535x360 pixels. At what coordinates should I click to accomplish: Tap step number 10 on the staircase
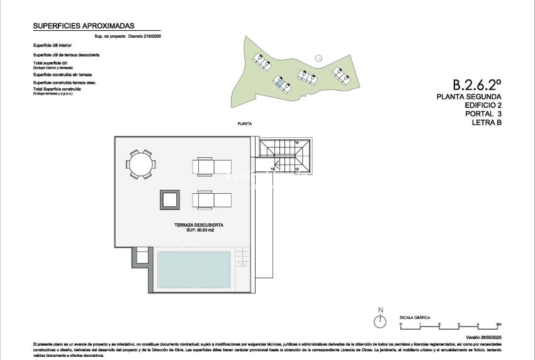pyautogui.click(x=296, y=143)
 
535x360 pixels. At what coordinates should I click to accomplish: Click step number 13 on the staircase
pyautogui.click(x=296, y=169)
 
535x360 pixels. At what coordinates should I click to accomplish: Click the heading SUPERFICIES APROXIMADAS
pyautogui.click(x=83, y=26)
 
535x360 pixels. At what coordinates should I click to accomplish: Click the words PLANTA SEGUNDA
pyautogui.click(x=469, y=97)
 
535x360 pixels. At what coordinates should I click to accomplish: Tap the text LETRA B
pyautogui.click(x=486, y=123)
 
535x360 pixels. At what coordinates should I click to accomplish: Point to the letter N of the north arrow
pyautogui.click(x=380, y=310)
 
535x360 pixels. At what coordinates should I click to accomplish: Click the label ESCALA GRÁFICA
pyautogui.click(x=415, y=317)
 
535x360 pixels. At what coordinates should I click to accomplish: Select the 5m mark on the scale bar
pyautogui.click(x=498, y=325)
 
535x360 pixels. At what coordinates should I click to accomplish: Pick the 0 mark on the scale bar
pyautogui.click(x=401, y=325)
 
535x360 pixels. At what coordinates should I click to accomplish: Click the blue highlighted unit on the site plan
pyautogui.click(x=278, y=80)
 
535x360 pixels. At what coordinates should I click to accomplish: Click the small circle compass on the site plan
pyautogui.click(x=318, y=58)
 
